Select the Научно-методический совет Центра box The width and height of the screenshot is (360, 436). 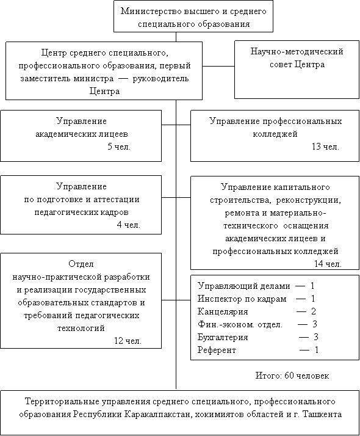[x=297, y=70]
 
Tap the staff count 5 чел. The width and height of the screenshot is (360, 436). [x=119, y=147]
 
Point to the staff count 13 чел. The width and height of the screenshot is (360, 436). [x=325, y=147]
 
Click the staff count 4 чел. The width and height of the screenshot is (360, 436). [x=129, y=225]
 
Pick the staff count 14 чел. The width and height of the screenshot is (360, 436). [x=328, y=264]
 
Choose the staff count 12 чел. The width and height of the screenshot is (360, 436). [x=128, y=341]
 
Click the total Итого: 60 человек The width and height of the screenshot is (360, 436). [x=292, y=376]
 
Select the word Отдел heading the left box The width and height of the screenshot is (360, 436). [x=81, y=264]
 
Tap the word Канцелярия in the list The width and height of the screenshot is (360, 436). [x=223, y=311]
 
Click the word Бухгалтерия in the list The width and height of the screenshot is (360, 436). [x=223, y=337]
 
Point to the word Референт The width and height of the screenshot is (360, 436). [x=217, y=350]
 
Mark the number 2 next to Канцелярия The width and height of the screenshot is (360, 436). [x=314, y=311]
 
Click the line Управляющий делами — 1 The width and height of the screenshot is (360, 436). [x=256, y=286]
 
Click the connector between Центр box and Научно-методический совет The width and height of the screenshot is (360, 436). [x=218, y=67]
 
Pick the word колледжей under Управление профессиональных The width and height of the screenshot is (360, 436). [x=275, y=134]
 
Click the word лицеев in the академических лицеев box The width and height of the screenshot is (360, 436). [x=113, y=134]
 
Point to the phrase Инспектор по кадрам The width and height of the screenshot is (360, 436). [x=242, y=299]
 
